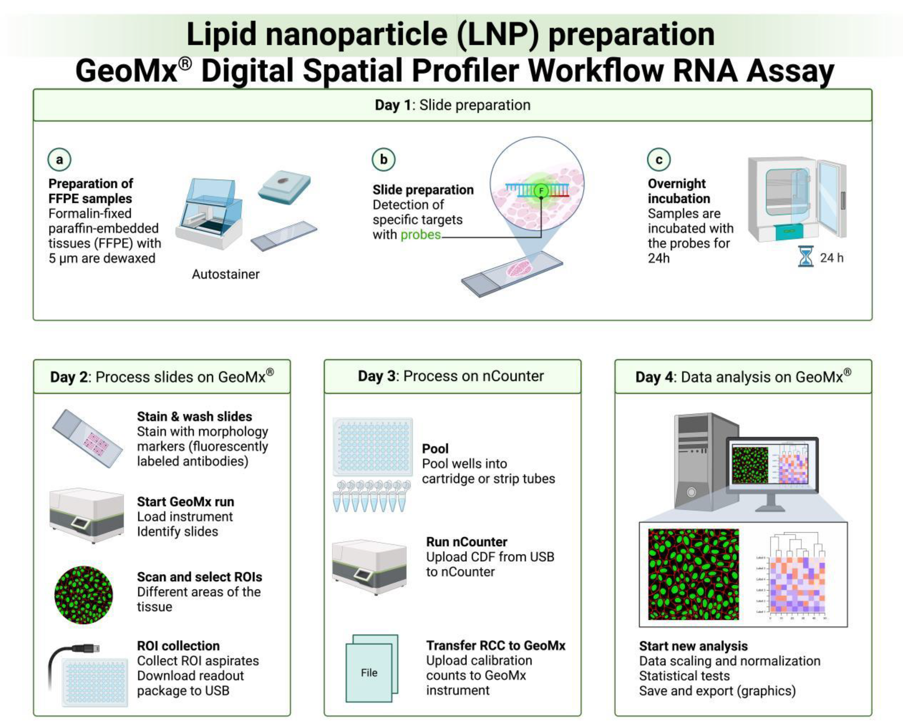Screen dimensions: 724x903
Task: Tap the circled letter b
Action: (383, 159)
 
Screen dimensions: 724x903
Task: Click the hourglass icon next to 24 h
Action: (805, 256)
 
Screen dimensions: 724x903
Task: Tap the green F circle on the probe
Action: (541, 191)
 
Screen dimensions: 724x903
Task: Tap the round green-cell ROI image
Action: (84, 595)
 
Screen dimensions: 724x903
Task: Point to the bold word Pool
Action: (435, 449)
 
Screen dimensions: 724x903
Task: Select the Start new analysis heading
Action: (693, 646)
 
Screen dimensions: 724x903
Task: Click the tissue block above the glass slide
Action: (284, 186)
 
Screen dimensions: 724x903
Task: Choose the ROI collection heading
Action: (178, 646)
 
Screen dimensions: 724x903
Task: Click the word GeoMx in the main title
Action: (127, 71)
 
